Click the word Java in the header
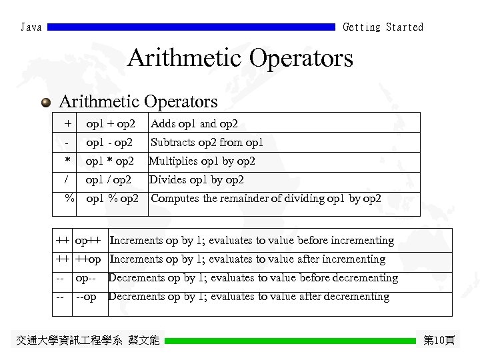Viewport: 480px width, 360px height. point(31,27)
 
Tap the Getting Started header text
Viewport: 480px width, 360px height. point(383,27)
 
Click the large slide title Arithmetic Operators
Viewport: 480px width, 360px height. point(240,58)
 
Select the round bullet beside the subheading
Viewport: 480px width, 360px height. point(45,103)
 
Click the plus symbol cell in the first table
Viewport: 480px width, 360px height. point(67,123)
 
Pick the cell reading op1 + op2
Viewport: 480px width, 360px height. point(111,123)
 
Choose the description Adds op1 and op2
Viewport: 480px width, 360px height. point(194,123)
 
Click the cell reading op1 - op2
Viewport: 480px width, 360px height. point(109,142)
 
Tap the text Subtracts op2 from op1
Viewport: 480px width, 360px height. point(207,142)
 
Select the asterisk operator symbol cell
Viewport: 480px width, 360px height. point(67,161)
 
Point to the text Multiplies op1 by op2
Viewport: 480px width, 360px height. point(201,161)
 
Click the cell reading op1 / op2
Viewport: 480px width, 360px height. point(108,180)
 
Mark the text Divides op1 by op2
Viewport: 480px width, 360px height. point(196,180)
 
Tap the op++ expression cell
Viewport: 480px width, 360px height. point(89,240)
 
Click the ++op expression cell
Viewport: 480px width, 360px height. point(89,259)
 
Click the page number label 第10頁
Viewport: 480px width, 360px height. point(439,341)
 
